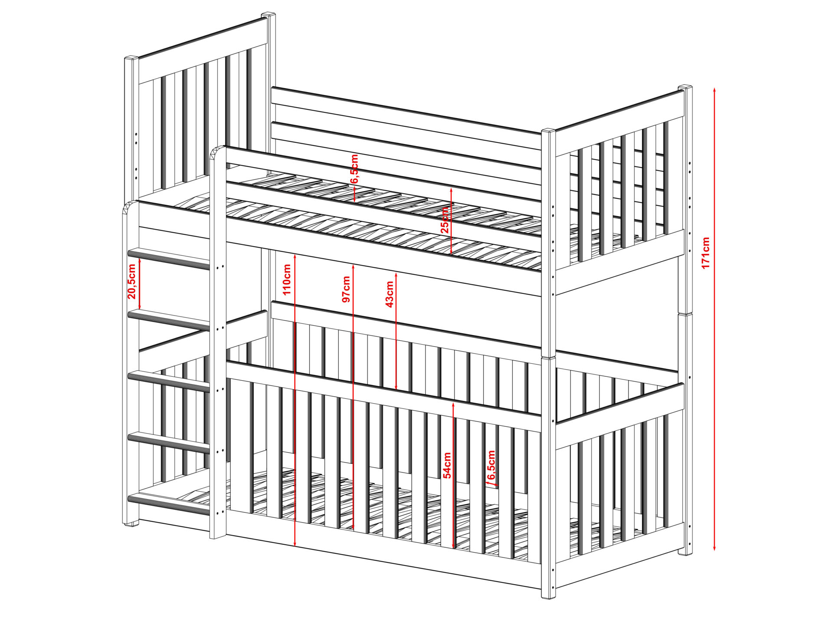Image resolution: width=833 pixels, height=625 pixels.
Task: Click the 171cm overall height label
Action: pos(706,253)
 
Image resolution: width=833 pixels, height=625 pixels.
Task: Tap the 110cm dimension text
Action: pos(287,280)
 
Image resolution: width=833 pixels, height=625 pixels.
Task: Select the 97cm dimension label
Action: pos(346,289)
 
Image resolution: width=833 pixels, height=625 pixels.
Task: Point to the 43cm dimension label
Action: pos(390,294)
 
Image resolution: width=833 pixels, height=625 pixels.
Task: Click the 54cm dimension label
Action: pos(447,465)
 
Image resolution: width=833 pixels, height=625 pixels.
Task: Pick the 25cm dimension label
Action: pos(445,220)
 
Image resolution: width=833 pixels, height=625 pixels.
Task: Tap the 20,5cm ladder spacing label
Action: pos(132,281)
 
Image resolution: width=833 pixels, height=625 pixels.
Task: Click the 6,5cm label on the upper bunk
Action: pos(354,168)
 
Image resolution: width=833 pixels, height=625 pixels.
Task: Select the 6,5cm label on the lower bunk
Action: pos(491,466)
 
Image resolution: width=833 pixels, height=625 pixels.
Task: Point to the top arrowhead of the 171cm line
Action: pos(715,90)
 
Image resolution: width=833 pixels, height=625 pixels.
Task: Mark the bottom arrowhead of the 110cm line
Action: pos(295,543)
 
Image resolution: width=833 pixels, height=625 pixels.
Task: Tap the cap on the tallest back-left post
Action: pos(268,16)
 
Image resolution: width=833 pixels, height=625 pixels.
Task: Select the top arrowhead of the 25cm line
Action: pos(451,191)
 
